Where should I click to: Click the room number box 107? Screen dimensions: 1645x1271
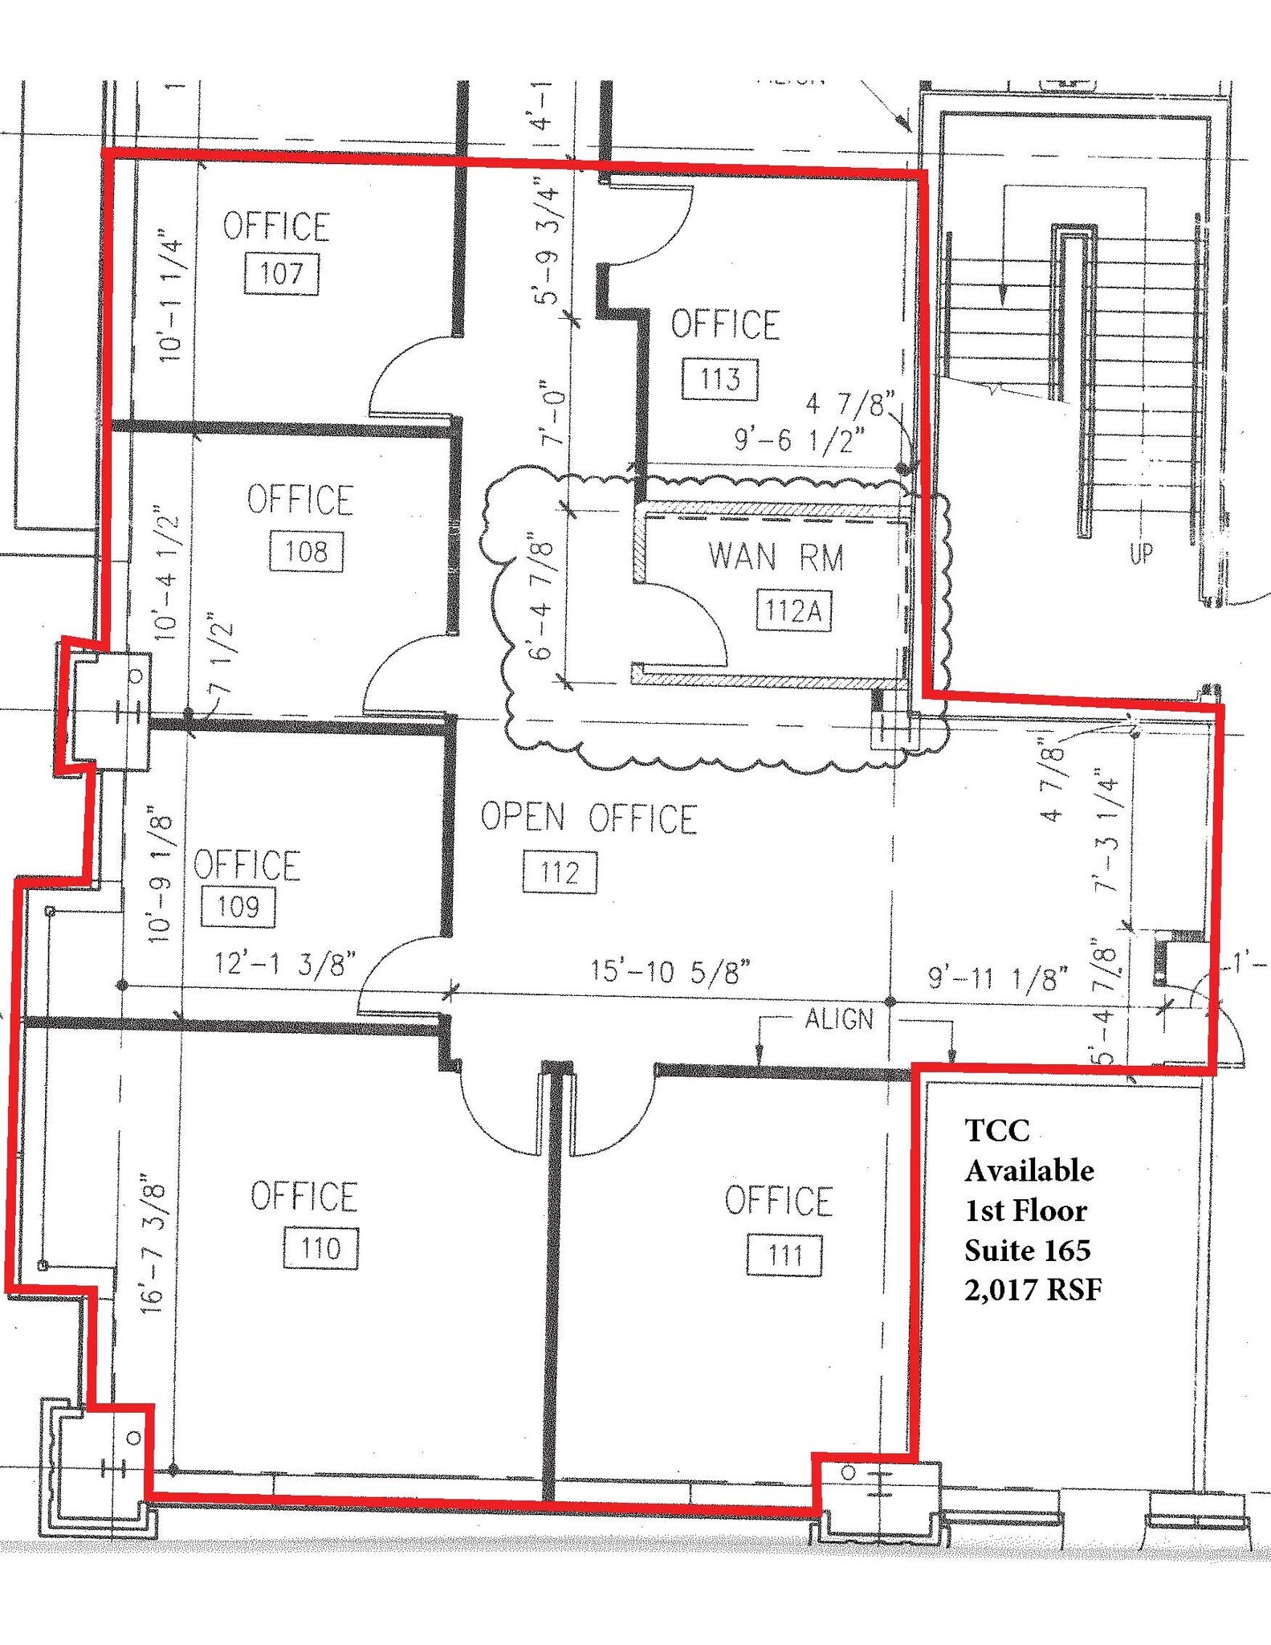tap(281, 274)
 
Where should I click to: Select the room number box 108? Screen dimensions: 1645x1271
tap(306, 551)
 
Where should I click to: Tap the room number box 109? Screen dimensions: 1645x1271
tap(238, 906)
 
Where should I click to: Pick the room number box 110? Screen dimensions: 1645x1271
tap(320, 1248)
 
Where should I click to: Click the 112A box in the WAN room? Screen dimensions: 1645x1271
tap(793, 611)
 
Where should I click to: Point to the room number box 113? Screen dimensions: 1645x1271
tap(719, 378)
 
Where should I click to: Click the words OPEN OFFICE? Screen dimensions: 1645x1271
tap(588, 818)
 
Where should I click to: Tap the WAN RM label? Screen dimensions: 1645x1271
tap(776, 557)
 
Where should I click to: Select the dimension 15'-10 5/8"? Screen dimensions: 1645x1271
tap(670, 970)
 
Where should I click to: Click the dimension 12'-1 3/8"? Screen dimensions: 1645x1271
tap(284, 963)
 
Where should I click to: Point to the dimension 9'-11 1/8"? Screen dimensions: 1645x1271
tap(998, 978)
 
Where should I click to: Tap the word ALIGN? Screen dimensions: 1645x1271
tap(838, 1019)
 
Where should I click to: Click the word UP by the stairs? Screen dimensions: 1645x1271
tap(1140, 553)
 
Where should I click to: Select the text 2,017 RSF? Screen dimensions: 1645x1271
tap(1033, 1289)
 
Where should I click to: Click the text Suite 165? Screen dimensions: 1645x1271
tap(1027, 1250)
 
